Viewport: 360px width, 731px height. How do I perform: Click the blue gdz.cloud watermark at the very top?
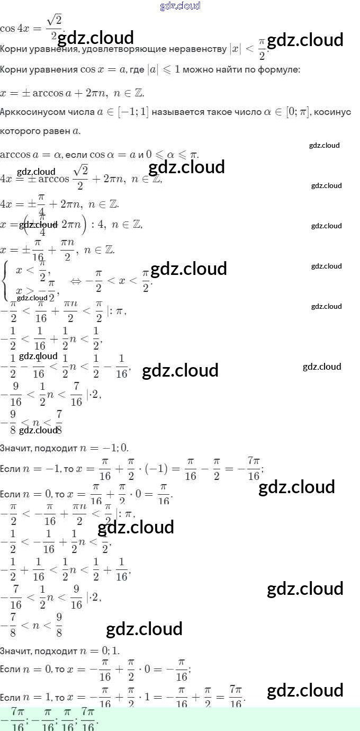tap(180, 6)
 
